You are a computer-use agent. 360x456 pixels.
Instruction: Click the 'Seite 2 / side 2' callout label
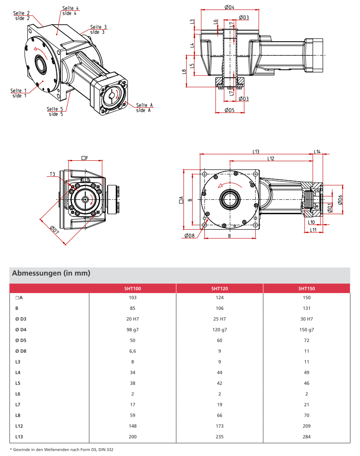point(22,16)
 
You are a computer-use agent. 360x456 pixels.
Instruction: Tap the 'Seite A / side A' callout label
point(144,107)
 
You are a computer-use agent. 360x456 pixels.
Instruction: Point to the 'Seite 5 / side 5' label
point(56,111)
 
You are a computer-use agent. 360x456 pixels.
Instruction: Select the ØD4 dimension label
point(230,7)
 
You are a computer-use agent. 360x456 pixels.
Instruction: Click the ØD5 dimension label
point(229,110)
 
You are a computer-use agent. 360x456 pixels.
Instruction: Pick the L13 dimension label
point(256,151)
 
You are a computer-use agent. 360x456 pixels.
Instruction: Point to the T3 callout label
point(52,174)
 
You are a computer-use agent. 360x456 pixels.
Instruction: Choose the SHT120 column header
point(219,288)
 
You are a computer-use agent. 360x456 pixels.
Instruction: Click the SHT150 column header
point(306,288)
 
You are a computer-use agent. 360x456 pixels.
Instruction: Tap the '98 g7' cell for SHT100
point(132,329)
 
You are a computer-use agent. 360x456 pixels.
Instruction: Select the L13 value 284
point(306,436)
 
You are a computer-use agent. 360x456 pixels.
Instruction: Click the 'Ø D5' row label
point(21,340)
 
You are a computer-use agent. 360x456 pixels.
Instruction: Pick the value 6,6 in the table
point(132,351)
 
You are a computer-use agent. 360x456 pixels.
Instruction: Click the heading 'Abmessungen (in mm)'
point(51,273)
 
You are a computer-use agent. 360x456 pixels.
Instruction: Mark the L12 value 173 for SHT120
point(219,426)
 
